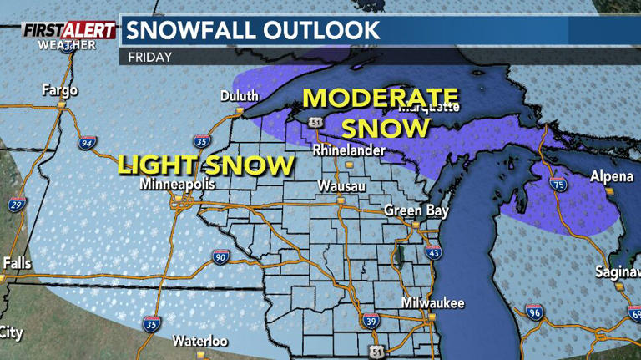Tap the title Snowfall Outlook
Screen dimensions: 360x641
(251, 31)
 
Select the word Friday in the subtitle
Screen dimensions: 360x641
(150, 58)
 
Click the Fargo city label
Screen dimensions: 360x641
(59, 90)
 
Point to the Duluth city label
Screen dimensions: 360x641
(239, 96)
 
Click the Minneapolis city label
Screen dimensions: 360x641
(177, 184)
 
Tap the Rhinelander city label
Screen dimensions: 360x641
(349, 151)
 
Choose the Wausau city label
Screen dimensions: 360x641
(341, 187)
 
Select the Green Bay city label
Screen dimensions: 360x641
(416, 210)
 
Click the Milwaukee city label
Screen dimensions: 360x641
(432, 302)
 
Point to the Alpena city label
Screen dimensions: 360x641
(611, 176)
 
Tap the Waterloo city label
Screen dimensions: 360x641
(199, 341)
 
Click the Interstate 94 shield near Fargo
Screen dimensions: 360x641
(86, 144)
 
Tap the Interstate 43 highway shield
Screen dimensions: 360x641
(433, 252)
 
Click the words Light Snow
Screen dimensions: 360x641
(205, 164)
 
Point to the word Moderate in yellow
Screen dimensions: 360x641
(381, 98)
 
